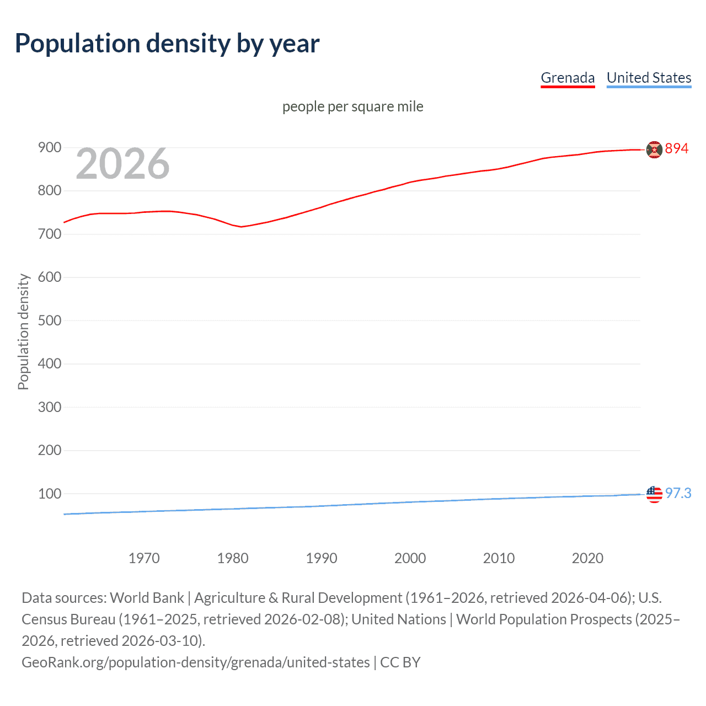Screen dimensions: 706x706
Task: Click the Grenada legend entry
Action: pos(568,78)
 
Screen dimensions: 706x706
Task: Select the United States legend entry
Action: pos(649,78)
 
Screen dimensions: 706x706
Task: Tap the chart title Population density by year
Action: pos(167,44)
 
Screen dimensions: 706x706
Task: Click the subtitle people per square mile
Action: pos(352,106)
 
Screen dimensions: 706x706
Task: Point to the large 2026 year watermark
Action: pos(122,164)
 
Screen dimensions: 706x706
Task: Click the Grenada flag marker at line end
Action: pos(654,149)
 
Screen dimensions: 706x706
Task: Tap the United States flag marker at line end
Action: pos(654,494)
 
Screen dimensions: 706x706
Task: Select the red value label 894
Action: pos(677,148)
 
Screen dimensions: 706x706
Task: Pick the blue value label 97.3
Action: pos(678,493)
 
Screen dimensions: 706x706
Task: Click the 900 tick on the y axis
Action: pos(50,147)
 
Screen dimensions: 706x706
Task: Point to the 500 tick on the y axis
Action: pos(50,320)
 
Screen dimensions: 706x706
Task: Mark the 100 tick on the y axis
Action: pos(50,494)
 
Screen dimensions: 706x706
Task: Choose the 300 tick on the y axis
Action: pos(50,407)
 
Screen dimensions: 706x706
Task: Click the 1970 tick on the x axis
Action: pos(144,558)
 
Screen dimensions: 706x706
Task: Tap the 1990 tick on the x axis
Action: pos(322,558)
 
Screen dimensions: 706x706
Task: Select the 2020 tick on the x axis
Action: pos(587,558)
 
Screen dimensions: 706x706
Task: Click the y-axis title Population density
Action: pos(23,332)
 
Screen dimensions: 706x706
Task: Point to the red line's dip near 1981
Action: pos(242,227)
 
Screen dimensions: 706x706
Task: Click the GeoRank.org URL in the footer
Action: pos(196,662)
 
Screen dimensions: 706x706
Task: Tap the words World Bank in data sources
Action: pos(147,598)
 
